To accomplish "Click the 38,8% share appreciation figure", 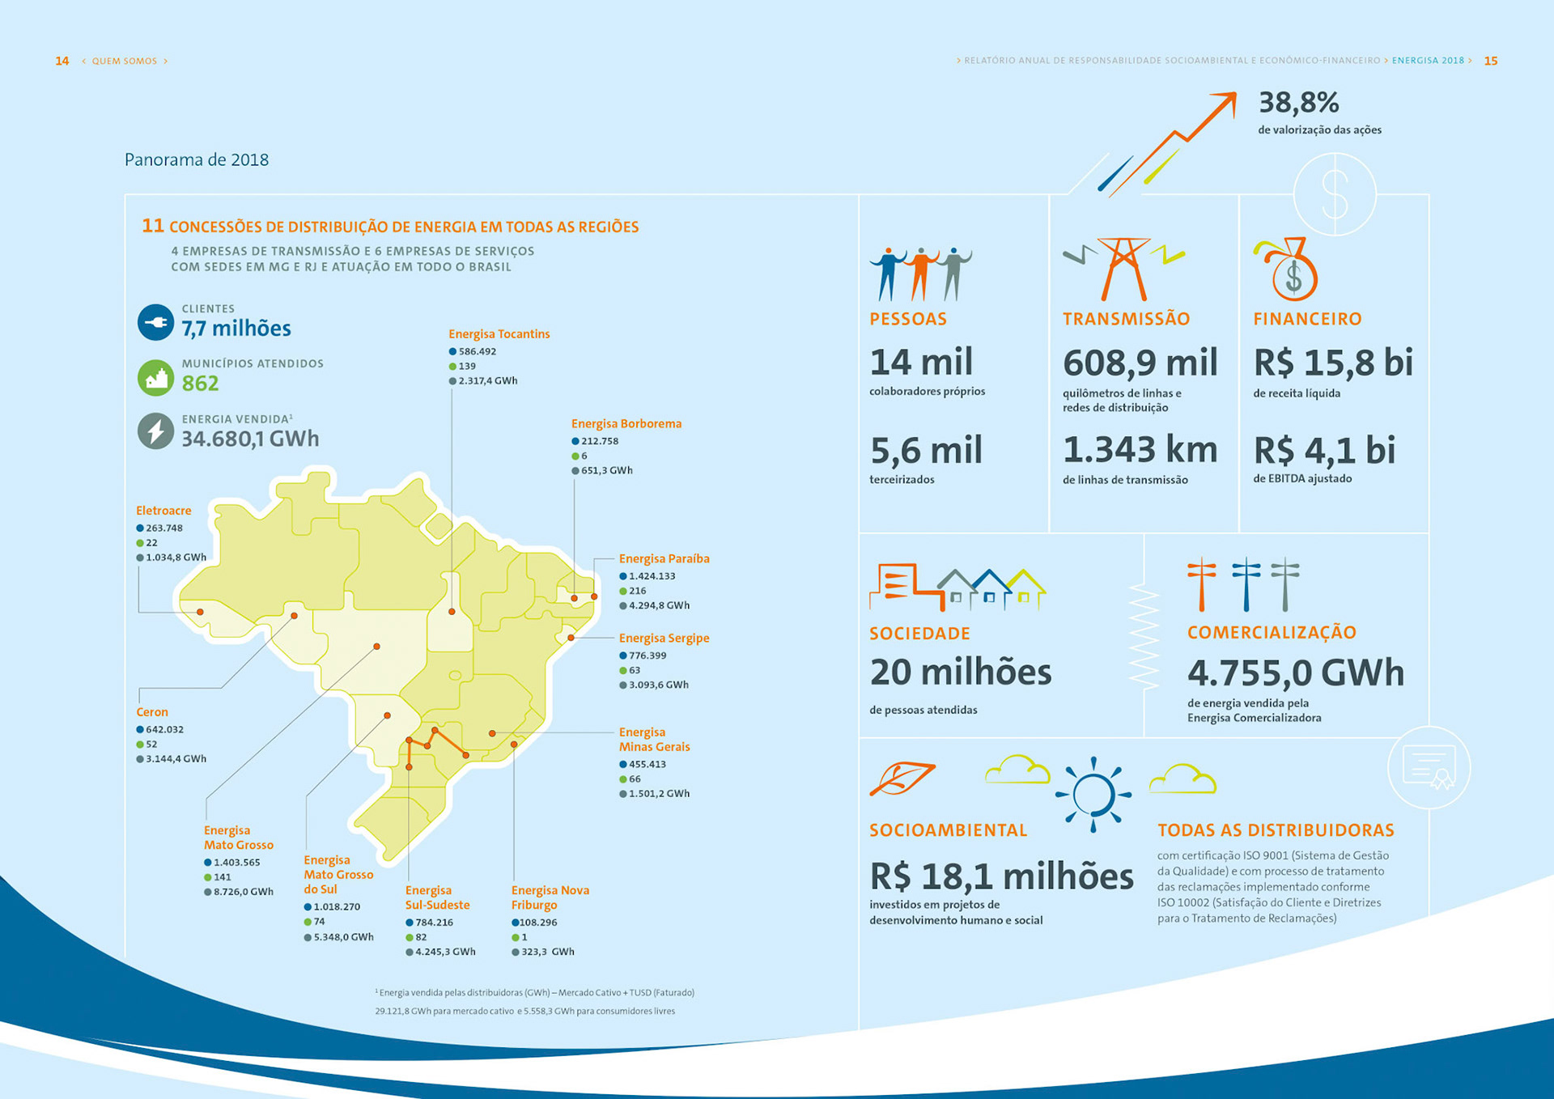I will point(1298,103).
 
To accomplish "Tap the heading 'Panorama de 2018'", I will point(197,159).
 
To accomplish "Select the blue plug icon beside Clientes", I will point(155,322).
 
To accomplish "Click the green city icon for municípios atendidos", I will point(155,377).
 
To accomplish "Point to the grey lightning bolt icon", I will point(155,431).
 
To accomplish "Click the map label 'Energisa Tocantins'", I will point(499,334).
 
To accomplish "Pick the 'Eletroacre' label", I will point(163,511).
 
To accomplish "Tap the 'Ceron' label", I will point(152,712).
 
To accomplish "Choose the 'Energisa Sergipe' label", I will point(664,639).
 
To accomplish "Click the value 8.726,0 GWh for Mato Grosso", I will point(244,892).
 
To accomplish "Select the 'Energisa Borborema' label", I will point(626,424).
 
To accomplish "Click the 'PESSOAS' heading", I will point(907,319).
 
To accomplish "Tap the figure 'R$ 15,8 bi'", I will point(1333,363).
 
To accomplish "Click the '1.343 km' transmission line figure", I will point(1140,450).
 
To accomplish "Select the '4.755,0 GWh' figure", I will point(1295,673).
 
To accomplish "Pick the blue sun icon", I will point(1093,794).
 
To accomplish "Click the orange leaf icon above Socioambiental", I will point(902,778).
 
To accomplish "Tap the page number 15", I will point(1491,61).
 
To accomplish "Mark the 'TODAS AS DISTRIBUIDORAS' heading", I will point(1276,830).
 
